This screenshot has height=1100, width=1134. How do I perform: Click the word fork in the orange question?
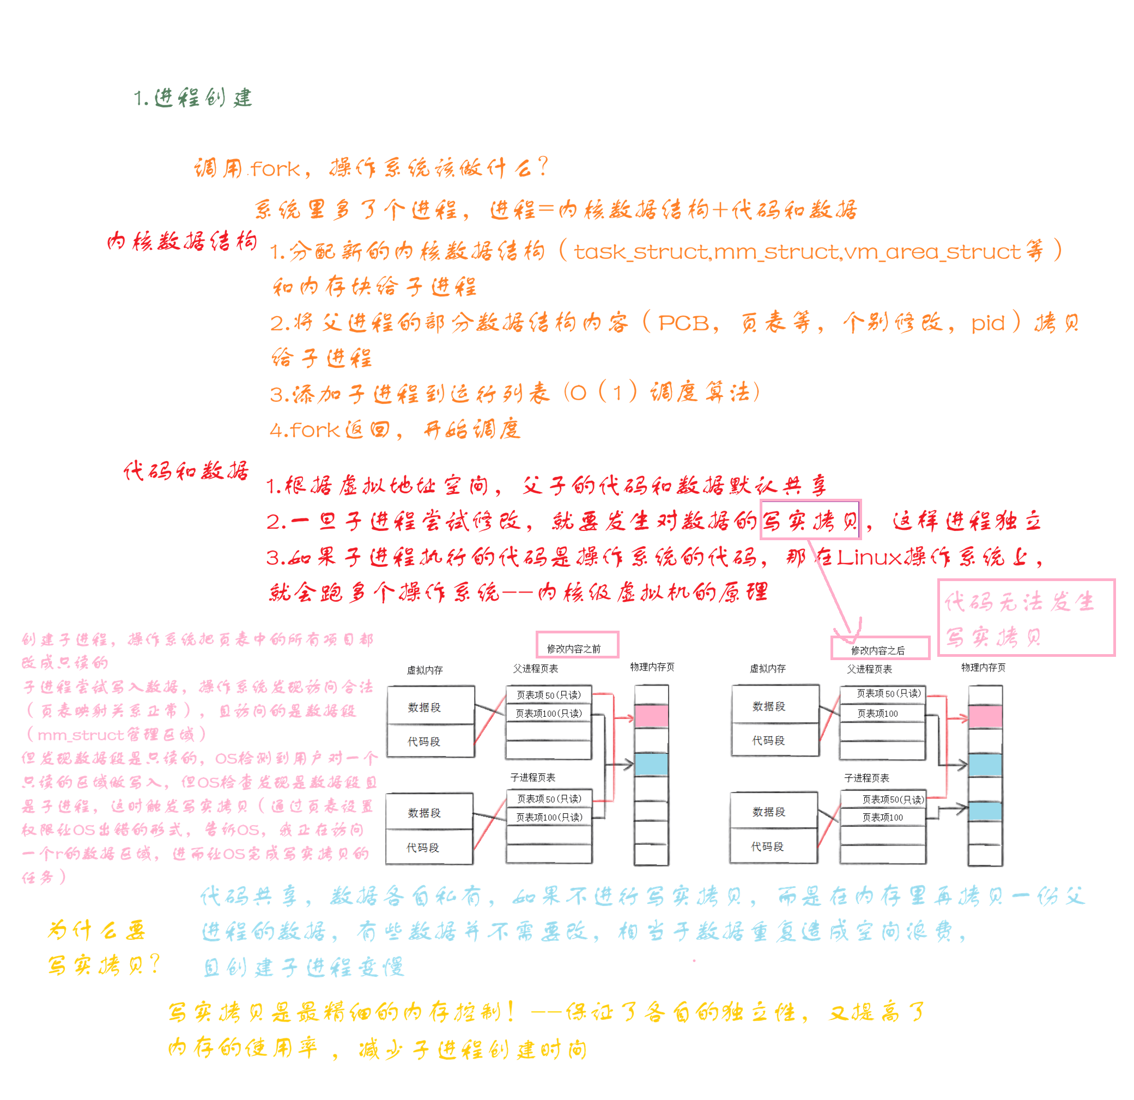[x=275, y=169]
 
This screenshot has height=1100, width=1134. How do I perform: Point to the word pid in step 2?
[x=987, y=323]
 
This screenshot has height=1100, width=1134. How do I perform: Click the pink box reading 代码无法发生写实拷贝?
[x=1025, y=618]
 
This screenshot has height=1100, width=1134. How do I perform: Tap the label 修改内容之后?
[x=880, y=648]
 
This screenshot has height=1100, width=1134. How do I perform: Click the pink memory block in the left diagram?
[x=652, y=716]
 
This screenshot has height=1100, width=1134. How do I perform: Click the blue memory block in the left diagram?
[x=652, y=764]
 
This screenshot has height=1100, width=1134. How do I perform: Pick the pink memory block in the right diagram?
[x=985, y=717]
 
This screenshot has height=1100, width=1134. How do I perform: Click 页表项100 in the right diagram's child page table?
[x=882, y=817]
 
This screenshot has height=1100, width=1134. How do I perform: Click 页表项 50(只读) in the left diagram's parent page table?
[x=549, y=695]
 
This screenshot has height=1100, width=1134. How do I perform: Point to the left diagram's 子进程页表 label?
[x=533, y=777]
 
